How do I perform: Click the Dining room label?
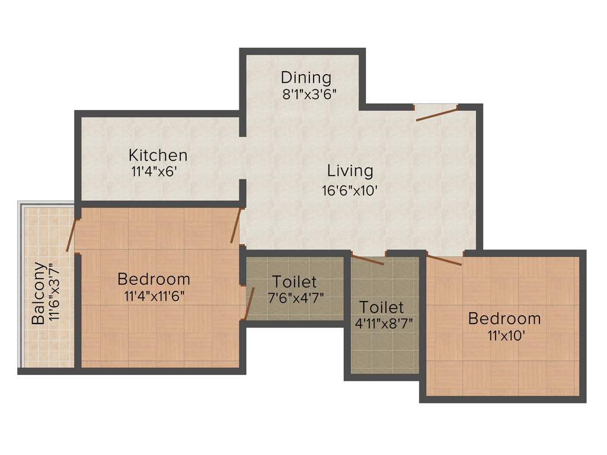pos(305,78)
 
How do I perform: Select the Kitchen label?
pos(158,155)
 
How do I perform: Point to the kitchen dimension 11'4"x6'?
pos(154,172)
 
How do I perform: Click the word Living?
pos(350,171)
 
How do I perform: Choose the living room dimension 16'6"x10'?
pos(350,190)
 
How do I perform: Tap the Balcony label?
pos(38,293)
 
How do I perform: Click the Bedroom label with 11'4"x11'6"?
pos(154,278)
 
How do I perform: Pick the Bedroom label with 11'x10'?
pos(504,318)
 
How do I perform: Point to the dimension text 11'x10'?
pos(504,335)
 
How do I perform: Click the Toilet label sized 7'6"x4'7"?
pos(295,281)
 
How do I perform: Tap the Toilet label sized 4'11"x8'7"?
pos(382,307)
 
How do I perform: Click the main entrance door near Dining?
pos(436,114)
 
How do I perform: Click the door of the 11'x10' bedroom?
pos(445,259)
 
